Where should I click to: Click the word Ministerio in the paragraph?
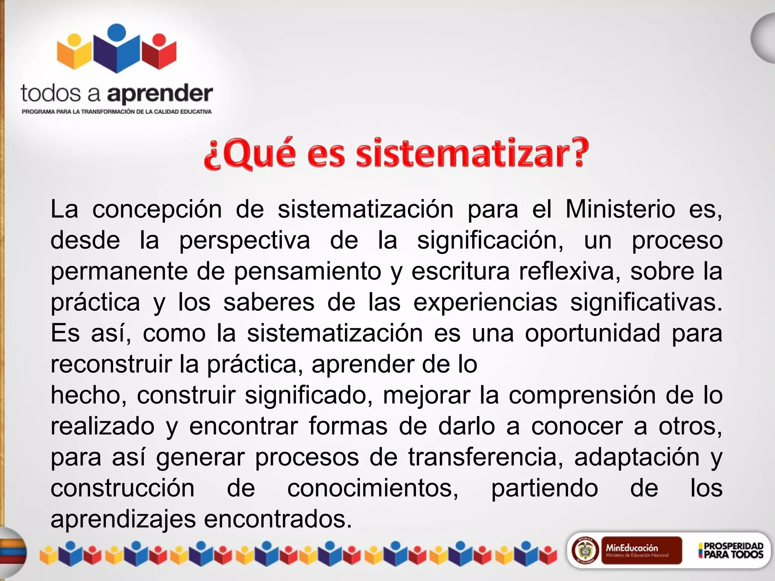point(620,210)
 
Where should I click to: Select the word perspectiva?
point(244,241)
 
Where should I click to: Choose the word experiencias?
point(485,303)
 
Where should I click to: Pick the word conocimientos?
point(373,488)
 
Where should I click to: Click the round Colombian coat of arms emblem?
point(585,550)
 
